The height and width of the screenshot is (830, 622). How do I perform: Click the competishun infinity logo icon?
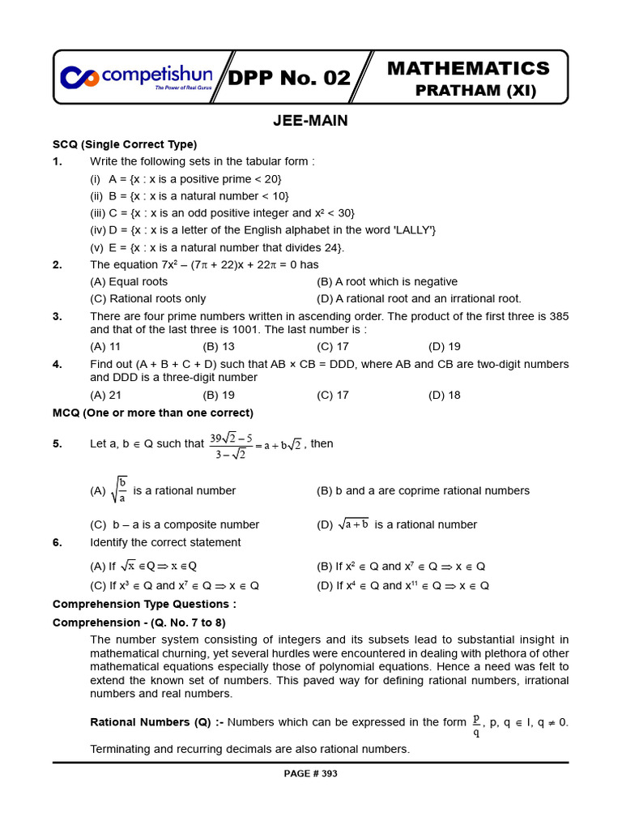(79, 77)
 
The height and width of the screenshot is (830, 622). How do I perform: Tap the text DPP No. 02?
(289, 79)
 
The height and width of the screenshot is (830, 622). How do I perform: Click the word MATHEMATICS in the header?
(468, 68)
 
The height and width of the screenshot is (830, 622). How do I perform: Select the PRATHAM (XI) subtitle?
(475, 91)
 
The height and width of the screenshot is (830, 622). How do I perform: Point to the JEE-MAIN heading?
(311, 121)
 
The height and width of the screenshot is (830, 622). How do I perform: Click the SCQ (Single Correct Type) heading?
(125, 144)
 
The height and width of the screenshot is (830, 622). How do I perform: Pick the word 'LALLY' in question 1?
(415, 230)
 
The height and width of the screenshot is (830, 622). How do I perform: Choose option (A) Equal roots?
(129, 281)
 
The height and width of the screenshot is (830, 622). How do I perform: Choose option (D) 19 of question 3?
(445, 346)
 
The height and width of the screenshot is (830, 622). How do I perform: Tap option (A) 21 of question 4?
(105, 395)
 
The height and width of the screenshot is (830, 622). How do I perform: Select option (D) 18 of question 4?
(445, 395)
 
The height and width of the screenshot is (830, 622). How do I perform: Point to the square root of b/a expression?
(119, 490)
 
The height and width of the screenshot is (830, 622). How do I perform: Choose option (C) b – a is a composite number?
(174, 524)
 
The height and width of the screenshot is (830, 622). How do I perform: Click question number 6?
(58, 542)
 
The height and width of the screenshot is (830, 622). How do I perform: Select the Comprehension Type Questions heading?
(144, 604)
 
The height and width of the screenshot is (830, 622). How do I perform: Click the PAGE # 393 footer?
(310, 773)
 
